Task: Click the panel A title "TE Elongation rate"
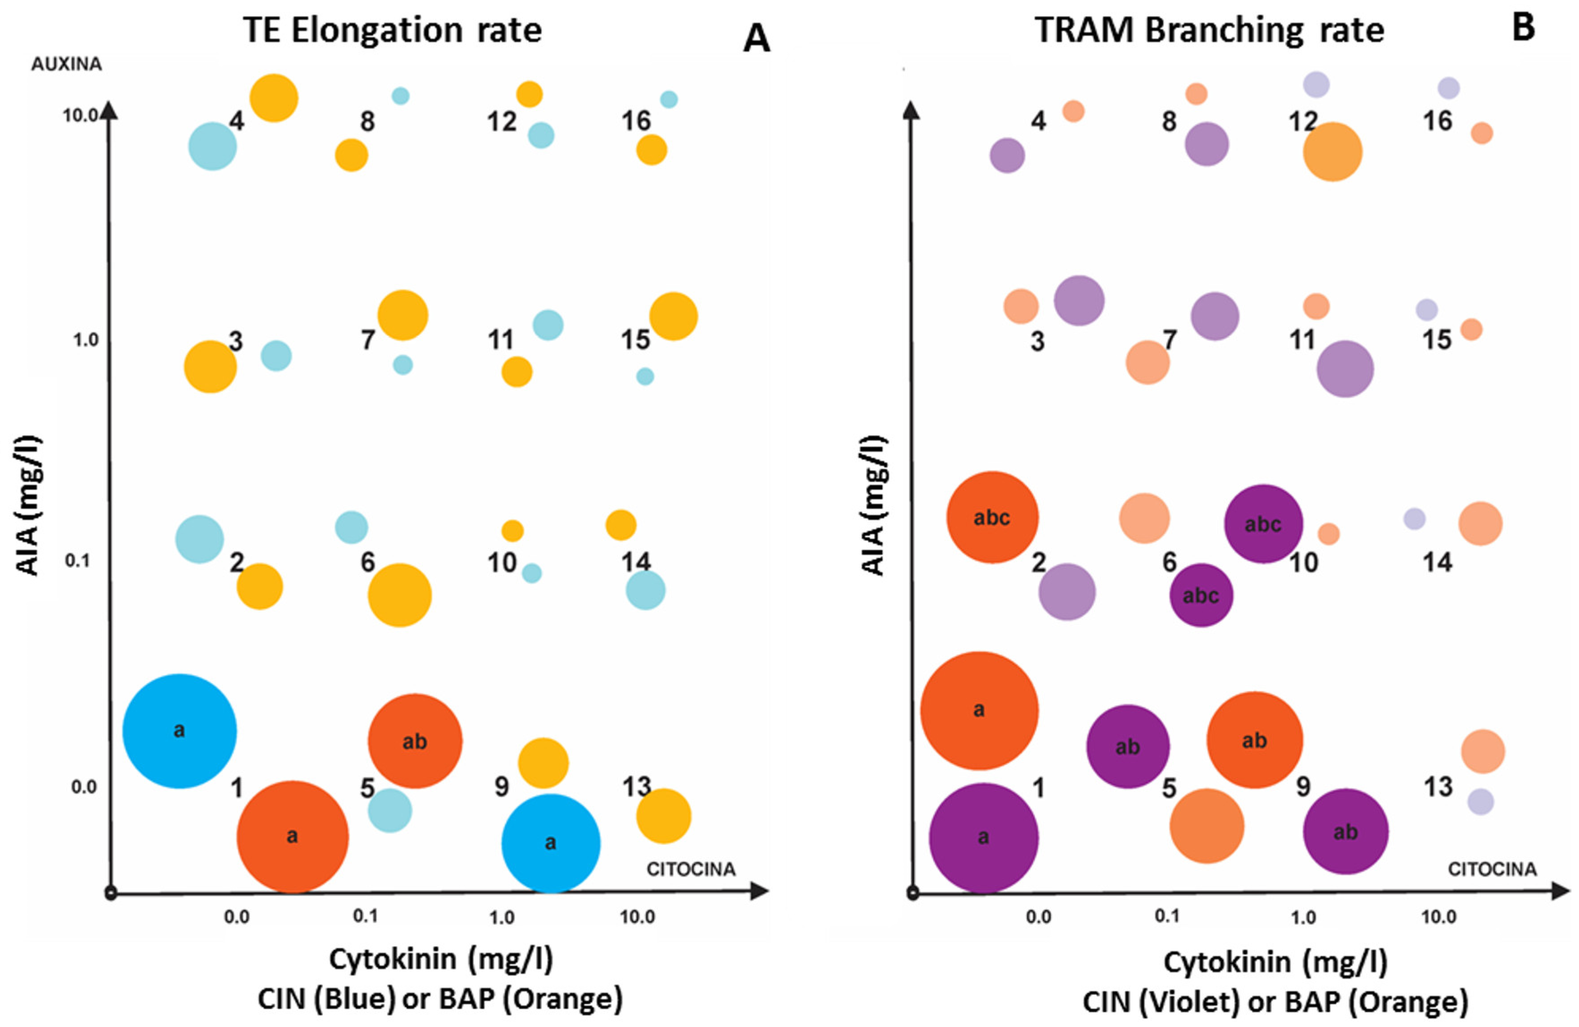point(392,30)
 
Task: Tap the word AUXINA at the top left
point(67,64)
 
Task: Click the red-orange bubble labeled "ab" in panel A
point(415,741)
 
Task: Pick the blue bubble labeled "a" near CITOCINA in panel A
point(551,843)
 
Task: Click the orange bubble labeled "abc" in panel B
point(992,517)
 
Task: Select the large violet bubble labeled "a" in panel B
point(983,837)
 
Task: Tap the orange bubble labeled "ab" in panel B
point(1254,740)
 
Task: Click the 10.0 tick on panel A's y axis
point(80,115)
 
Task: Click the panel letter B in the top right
point(1523,28)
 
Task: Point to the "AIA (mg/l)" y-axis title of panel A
point(28,506)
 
